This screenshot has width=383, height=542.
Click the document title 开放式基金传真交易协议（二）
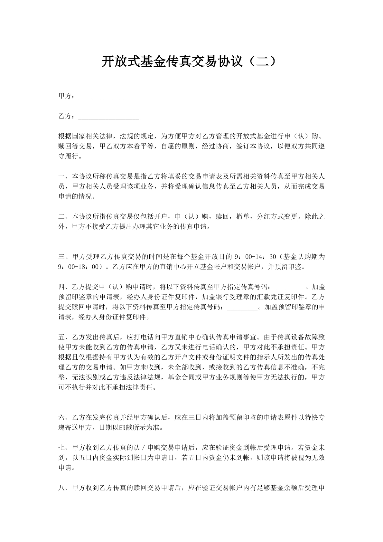pos(189,62)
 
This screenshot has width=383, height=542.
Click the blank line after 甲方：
pos(108,97)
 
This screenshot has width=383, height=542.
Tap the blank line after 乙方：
pos(108,117)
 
